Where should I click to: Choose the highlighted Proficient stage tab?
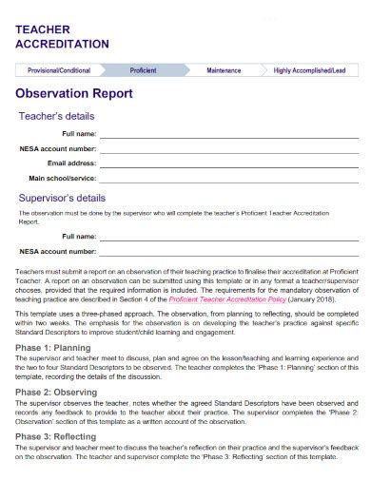pyautogui.click(x=145, y=70)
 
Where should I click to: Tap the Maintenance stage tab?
pyautogui.click(x=224, y=70)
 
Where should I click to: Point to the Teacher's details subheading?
pyautogui.click(x=57, y=116)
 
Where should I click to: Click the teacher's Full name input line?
pyautogui.click(x=228, y=137)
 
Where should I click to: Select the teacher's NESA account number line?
pyautogui.click(x=228, y=151)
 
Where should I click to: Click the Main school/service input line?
pyautogui.click(x=228, y=180)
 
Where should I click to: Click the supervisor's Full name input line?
pyautogui.click(x=228, y=239)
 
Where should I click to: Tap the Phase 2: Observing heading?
pyautogui.click(x=57, y=391)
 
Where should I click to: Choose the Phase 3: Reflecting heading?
pyautogui.click(x=57, y=435)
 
